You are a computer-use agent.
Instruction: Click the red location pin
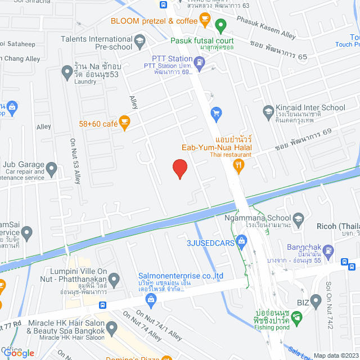(x=179, y=168)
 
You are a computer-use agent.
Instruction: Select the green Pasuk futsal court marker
(x=220, y=26)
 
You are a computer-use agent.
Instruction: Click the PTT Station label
(x=173, y=58)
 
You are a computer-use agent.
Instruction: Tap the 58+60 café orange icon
(x=124, y=120)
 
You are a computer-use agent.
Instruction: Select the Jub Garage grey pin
(x=51, y=168)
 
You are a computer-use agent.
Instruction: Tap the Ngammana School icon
(x=298, y=219)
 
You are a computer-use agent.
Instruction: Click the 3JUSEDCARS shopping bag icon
(x=242, y=243)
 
